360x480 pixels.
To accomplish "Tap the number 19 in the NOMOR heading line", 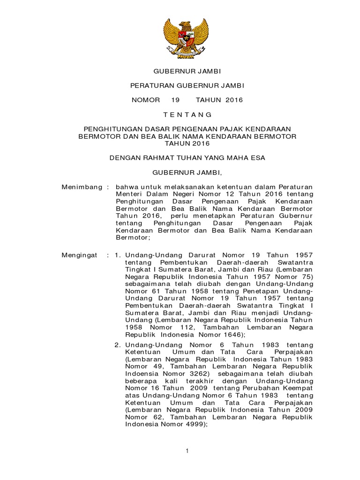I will click(x=175, y=100).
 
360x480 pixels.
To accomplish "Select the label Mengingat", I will click(x=80, y=255).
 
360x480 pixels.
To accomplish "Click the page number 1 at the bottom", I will click(x=187, y=450).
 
